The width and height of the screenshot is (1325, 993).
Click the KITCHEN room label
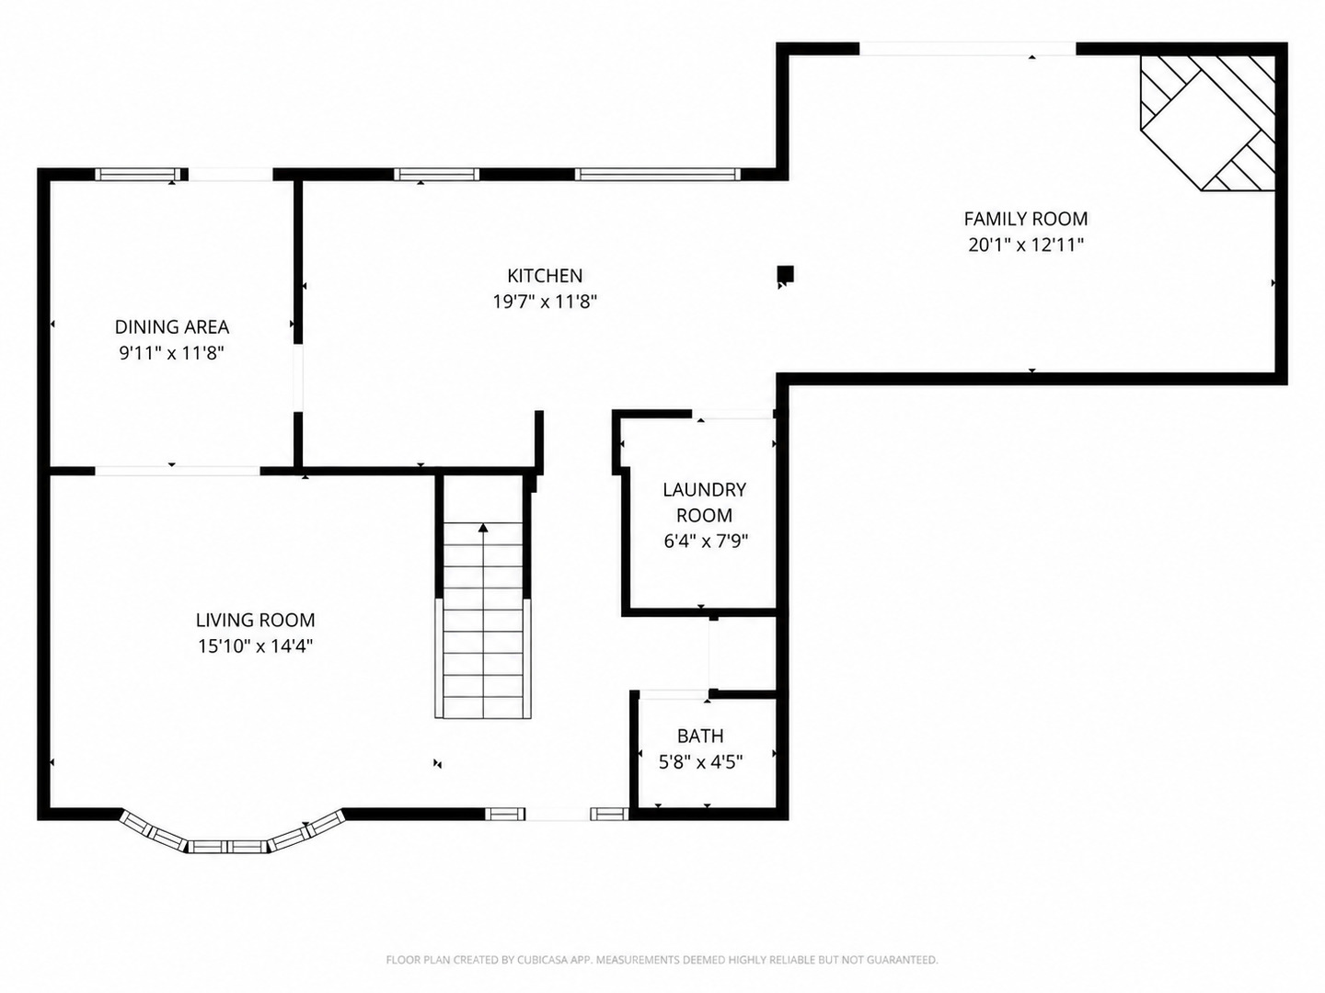tap(545, 276)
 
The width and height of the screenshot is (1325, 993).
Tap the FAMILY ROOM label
tap(1026, 218)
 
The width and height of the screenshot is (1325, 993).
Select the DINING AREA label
tap(172, 326)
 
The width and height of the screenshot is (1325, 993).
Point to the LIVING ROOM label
tap(256, 620)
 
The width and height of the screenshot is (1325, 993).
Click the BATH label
tap(700, 736)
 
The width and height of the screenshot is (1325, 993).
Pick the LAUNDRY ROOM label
tap(705, 502)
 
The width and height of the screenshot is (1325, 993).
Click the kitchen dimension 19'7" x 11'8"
tap(545, 301)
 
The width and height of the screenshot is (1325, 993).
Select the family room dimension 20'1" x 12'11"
tap(1026, 245)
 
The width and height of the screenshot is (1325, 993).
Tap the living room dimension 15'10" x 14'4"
tap(256, 646)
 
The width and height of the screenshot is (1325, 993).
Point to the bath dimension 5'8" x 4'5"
tap(700, 762)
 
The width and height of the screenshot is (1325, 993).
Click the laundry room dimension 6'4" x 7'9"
tap(706, 541)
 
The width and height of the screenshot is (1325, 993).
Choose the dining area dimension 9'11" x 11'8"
tap(172, 353)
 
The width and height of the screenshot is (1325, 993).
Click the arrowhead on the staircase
tap(483, 528)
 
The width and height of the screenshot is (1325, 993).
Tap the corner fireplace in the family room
tap(1207, 123)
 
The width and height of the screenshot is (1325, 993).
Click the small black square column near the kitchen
tap(785, 274)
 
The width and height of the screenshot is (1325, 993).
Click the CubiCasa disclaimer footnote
tap(662, 959)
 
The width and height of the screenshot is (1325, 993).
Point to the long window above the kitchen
tap(657, 175)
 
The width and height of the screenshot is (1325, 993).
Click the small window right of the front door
tap(609, 815)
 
